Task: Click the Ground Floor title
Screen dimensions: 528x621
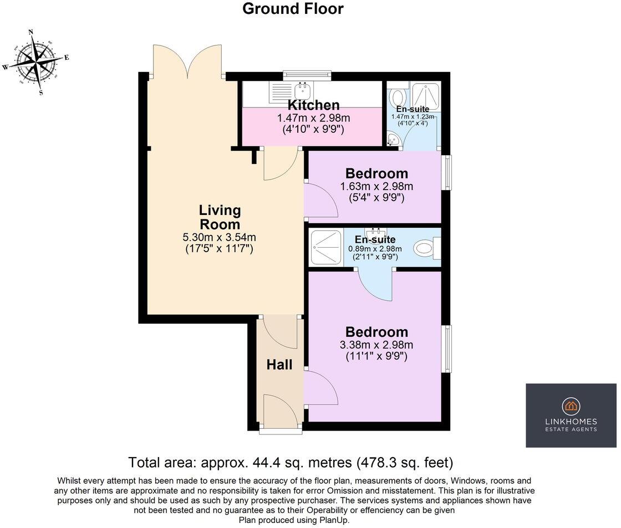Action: click(x=293, y=9)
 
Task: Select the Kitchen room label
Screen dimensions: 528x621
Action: click(x=313, y=105)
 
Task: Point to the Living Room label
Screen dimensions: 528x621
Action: click(x=220, y=217)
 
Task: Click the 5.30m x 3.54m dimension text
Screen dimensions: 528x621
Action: click(x=220, y=238)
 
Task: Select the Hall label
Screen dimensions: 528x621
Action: click(x=279, y=365)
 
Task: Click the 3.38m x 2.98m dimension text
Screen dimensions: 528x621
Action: click(x=376, y=345)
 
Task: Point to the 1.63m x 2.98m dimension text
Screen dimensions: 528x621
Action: click(x=376, y=186)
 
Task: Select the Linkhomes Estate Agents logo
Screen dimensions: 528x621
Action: click(x=571, y=415)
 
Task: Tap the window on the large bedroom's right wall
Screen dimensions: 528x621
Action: click(x=446, y=349)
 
